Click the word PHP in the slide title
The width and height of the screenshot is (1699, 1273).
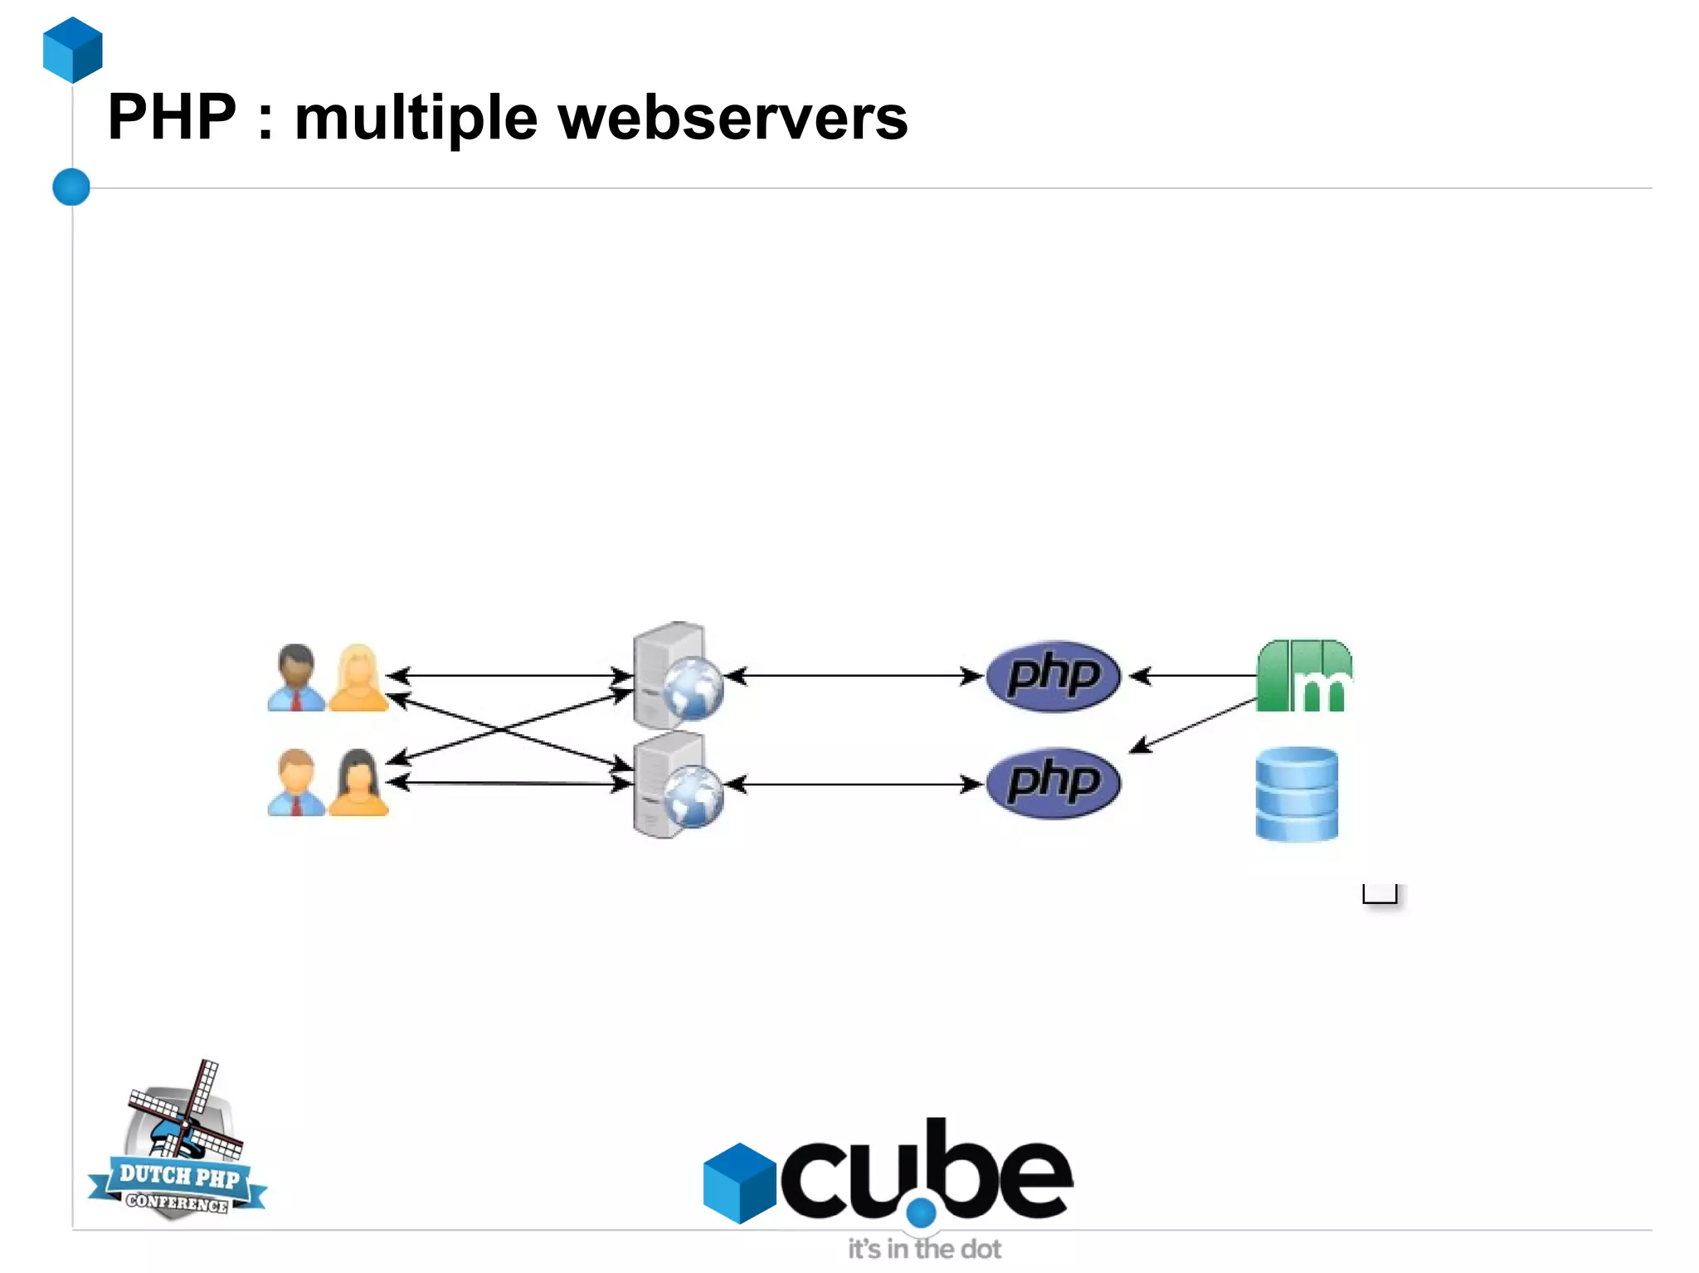pos(172,117)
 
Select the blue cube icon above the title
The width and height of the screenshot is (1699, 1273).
pos(73,50)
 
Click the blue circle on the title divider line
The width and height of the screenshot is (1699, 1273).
pos(71,187)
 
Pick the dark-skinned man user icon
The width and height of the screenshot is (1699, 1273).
pos(295,678)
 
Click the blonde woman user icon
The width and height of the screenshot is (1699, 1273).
pos(358,678)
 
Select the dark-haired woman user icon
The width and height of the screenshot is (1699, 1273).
pos(358,783)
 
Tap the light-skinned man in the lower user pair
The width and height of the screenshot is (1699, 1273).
pos(295,783)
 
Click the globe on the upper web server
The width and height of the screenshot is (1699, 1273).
pos(694,688)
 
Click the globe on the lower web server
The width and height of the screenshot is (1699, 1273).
pos(694,796)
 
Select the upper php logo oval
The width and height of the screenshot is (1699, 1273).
pos(1053,675)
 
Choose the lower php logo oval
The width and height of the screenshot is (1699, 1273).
pos(1053,783)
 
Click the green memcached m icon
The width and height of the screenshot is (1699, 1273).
pos(1304,676)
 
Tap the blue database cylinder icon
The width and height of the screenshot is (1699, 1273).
pos(1297,794)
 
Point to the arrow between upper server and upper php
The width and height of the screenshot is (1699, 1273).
pos(854,676)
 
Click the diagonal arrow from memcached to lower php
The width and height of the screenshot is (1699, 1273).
pos(1195,726)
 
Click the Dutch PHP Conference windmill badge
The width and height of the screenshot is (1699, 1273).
pos(178,1144)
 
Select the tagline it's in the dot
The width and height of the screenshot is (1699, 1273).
pos(923,1248)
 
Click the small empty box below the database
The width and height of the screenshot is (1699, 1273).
pos(1380,894)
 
